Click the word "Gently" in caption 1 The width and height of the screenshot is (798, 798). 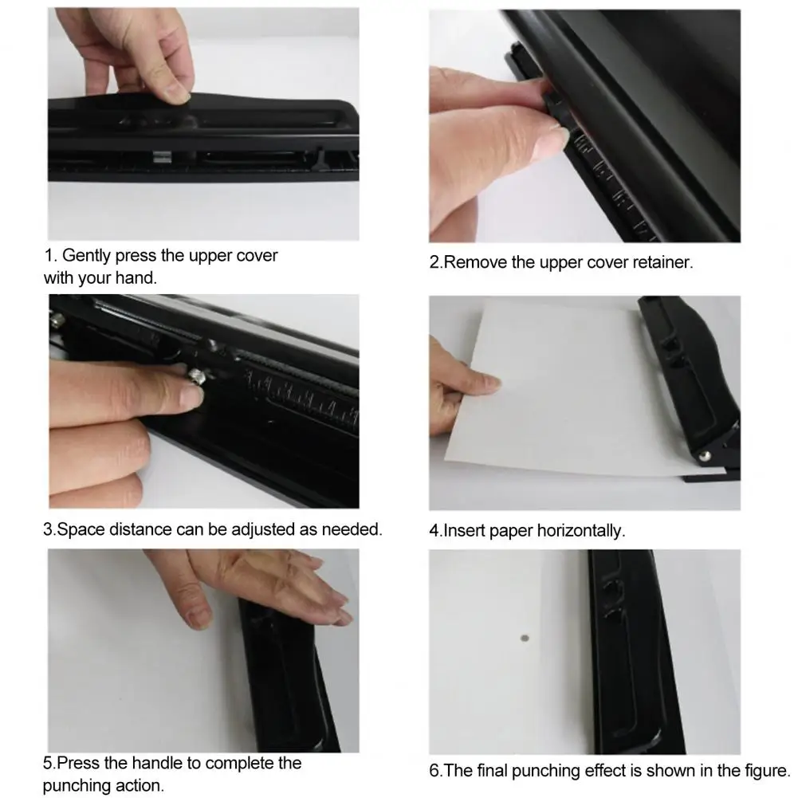86,257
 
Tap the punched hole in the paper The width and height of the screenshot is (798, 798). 524,639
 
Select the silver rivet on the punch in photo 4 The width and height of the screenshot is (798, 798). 706,456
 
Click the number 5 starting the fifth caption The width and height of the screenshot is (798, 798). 47,764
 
